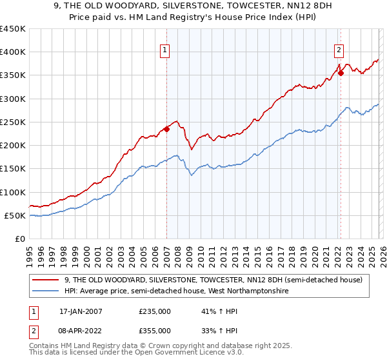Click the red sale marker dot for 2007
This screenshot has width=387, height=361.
click(x=166, y=129)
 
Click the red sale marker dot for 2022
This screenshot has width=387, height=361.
click(x=341, y=73)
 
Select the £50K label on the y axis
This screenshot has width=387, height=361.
click(x=15, y=215)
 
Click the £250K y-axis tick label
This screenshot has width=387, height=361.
click(x=12, y=122)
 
